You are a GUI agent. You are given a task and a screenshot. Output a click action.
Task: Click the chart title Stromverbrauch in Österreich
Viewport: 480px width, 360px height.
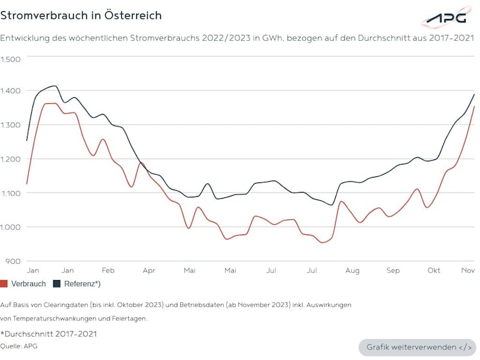81,15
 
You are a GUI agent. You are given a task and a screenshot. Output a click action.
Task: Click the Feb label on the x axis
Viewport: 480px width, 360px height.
108,271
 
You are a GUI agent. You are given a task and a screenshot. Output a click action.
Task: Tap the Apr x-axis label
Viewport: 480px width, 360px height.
149,271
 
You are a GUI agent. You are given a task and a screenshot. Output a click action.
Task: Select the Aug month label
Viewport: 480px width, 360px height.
352,271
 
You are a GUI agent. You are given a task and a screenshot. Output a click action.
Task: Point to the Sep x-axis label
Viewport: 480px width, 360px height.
393,271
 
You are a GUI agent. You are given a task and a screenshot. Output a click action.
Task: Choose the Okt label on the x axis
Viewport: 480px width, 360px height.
434,271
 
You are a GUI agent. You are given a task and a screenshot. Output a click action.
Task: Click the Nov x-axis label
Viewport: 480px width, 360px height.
468,271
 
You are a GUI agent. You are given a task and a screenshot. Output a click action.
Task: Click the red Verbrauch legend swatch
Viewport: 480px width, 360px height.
4,283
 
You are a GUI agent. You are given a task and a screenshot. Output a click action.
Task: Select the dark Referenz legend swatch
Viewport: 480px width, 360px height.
58,283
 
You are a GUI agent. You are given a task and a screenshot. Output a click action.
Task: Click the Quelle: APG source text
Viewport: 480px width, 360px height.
19,346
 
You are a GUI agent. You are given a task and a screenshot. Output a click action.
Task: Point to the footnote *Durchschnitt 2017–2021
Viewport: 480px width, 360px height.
48,334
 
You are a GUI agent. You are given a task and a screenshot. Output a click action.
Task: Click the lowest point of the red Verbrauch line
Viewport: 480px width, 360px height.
323,242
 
